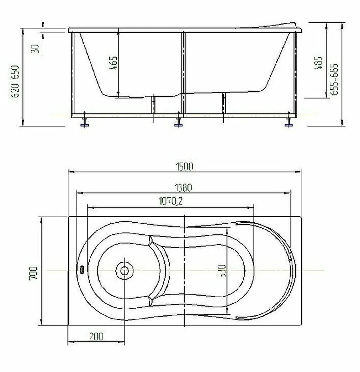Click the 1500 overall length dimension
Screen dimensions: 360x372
(x=184, y=166)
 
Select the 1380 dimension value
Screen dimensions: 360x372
(x=183, y=188)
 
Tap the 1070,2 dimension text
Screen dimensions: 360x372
(x=171, y=201)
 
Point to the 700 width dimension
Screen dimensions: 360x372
(x=33, y=273)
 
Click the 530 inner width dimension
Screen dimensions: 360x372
(x=221, y=271)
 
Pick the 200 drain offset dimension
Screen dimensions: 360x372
(x=96, y=337)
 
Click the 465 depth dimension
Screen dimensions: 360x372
(x=113, y=63)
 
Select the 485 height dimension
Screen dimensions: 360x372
(x=319, y=63)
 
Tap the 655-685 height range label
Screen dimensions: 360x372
(x=334, y=79)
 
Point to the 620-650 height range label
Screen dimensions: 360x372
(x=15, y=81)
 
